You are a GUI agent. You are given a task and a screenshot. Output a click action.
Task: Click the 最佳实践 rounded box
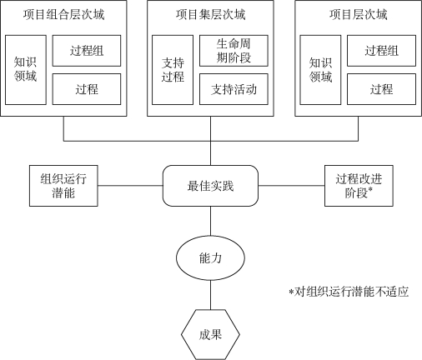tap(210, 186)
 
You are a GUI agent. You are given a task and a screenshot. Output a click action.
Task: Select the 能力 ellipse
tap(210, 258)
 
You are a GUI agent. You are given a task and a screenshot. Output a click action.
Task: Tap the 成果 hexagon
tap(210, 335)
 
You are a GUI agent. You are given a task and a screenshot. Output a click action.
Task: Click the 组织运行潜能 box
tap(63, 186)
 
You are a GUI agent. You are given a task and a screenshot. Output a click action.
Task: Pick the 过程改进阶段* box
tap(359, 186)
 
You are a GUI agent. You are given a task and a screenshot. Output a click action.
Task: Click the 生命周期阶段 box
tap(234, 51)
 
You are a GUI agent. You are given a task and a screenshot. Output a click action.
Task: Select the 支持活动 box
tap(234, 89)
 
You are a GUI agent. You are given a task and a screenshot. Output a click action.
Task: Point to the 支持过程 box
tap(173, 70)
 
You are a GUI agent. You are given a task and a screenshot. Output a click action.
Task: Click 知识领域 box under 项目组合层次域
tap(26, 70)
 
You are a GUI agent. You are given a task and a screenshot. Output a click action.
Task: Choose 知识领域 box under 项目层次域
tap(320, 70)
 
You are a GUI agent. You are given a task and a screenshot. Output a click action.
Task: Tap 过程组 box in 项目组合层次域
tap(87, 51)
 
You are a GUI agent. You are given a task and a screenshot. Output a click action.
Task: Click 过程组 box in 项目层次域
tap(381, 51)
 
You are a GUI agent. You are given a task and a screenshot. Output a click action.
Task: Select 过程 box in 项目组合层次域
tap(87, 89)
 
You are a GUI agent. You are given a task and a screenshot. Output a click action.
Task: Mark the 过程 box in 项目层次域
tap(381, 89)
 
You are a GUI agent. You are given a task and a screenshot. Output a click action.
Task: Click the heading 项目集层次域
tap(210, 14)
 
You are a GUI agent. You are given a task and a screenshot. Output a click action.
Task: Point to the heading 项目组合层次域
tap(63, 14)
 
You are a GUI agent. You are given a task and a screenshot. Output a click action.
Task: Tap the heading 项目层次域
tap(359, 14)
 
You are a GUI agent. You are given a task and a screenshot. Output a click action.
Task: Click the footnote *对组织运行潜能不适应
tap(349, 292)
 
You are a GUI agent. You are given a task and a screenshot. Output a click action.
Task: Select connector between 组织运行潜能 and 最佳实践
tap(130, 186)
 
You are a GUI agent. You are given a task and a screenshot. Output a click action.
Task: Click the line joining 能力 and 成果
tap(210, 295)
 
